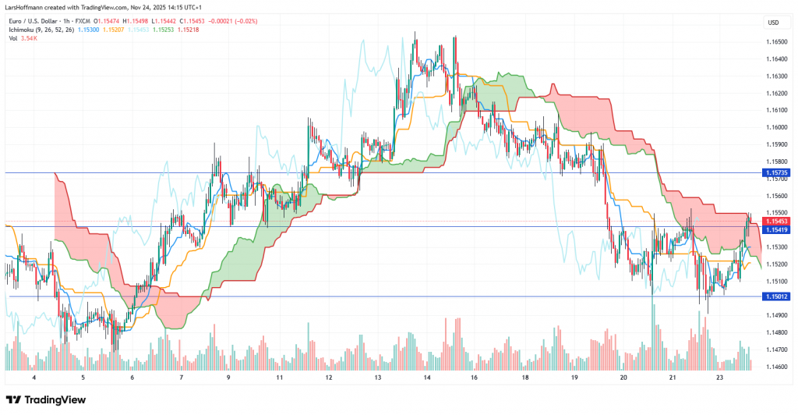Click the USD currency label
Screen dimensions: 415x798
[773, 22]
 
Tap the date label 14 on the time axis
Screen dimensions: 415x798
[427, 377]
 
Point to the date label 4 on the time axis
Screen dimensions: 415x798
[34, 377]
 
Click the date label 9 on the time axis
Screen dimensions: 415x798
[228, 377]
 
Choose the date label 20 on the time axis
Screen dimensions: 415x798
[623, 377]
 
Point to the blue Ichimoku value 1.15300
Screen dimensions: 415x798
[87, 29]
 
